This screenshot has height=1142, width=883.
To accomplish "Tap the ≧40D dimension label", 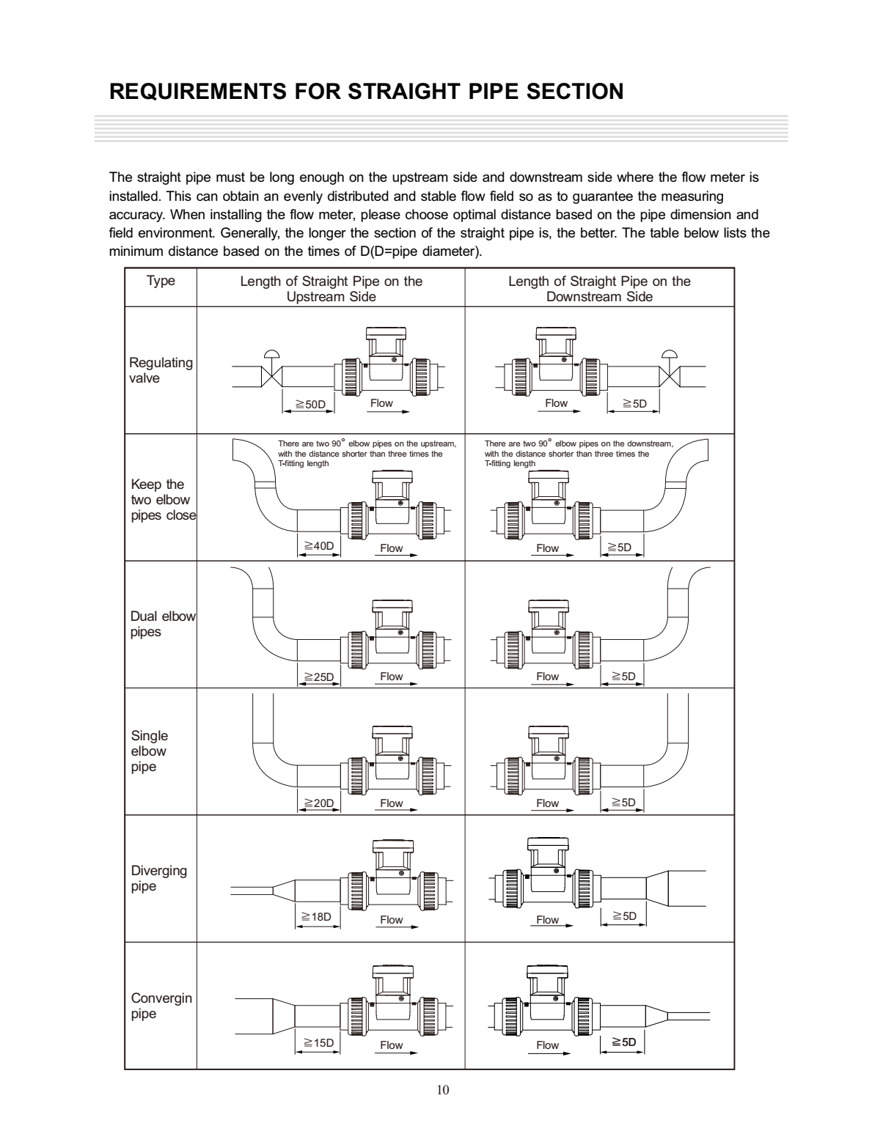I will click(x=319, y=546).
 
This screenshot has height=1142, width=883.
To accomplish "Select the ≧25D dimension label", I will click(x=319, y=677).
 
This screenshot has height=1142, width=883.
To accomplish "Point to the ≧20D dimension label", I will click(x=319, y=803).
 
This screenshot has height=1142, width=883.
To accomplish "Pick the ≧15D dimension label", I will click(x=318, y=1042).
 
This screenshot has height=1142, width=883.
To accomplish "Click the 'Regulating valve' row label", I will click(x=161, y=370).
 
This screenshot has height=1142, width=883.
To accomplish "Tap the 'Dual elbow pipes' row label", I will click(x=163, y=624).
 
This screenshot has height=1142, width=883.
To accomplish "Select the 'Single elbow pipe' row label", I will click(x=149, y=751).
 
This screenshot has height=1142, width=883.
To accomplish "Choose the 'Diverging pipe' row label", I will click(x=158, y=878).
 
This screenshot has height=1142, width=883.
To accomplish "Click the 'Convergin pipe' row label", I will click(x=161, y=1006).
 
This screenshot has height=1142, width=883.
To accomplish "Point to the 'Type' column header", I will click(x=161, y=281).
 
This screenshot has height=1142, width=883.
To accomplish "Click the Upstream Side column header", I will click(x=331, y=289).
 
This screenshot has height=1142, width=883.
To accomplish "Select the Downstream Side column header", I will click(x=599, y=289).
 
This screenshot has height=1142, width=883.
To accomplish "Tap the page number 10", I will click(x=442, y=1089).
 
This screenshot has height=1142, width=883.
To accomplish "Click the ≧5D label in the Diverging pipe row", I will click(x=624, y=916).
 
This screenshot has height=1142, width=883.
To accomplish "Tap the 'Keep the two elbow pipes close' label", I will click(x=163, y=500).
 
